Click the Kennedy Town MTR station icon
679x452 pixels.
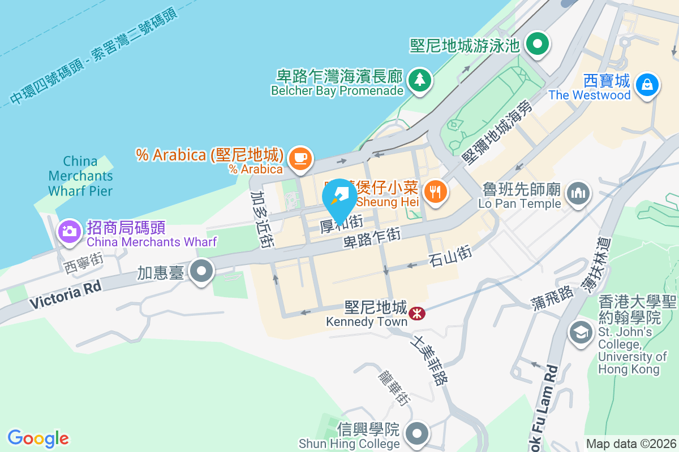coord(417,312)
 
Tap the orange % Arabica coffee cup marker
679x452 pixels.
coord(300,158)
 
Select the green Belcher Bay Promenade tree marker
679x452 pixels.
coord(419,79)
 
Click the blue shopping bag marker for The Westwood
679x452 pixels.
coord(644,85)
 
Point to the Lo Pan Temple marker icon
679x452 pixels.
coord(578,194)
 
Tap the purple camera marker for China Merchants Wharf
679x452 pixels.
coord(70,231)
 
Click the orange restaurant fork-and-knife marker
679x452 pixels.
coord(435,192)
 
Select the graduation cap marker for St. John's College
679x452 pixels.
coord(580,332)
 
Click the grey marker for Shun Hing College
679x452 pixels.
coord(418,434)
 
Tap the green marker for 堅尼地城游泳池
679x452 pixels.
coord(538,44)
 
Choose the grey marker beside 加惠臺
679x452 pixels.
coord(201,272)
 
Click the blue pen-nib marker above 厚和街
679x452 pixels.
coord(339,198)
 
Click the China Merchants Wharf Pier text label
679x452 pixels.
coord(80,176)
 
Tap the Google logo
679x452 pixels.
coord(38,438)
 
